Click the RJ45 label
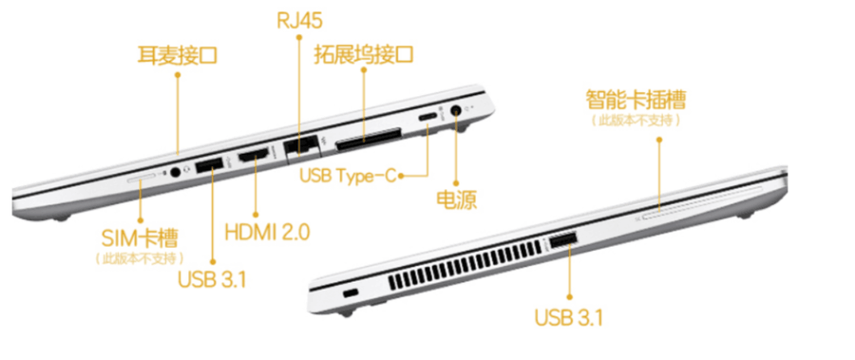(299, 21)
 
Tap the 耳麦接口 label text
(178, 56)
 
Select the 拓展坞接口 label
(363, 55)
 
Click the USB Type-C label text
(348, 176)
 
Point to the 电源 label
(456, 200)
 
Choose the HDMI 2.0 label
(267, 233)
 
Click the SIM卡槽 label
(140, 237)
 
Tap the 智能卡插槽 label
(636, 100)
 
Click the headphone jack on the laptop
(176, 172)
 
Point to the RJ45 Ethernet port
(301, 144)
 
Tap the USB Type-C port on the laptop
(427, 118)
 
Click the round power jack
(456, 110)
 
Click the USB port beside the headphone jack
(209, 165)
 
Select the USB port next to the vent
(562, 241)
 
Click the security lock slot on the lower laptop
(350, 293)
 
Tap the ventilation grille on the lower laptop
(465, 267)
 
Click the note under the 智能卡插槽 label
(636, 121)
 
